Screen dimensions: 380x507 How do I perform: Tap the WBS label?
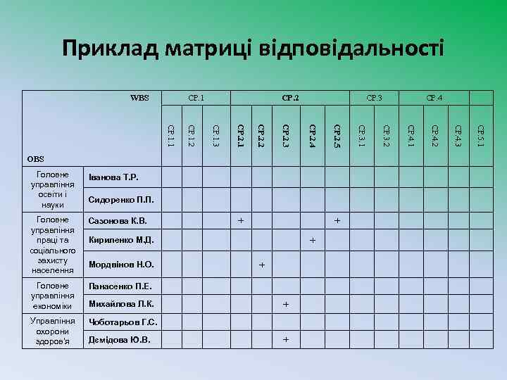coord(139,98)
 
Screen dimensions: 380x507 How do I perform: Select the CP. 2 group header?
coord(290,98)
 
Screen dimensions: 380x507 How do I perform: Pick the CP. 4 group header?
coord(434,98)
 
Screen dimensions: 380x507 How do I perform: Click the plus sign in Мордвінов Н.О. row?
coord(262,265)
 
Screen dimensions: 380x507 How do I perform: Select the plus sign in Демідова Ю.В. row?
coord(286,340)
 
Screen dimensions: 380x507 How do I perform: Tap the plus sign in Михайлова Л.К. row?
coord(286,305)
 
